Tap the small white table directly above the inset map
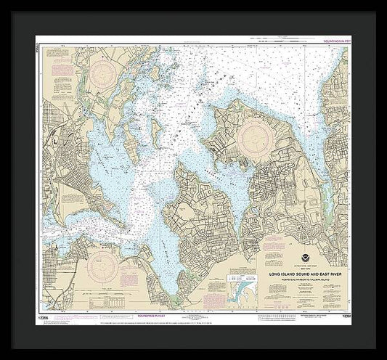tap(242, 269)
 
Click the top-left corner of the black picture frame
tap(2, 2)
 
